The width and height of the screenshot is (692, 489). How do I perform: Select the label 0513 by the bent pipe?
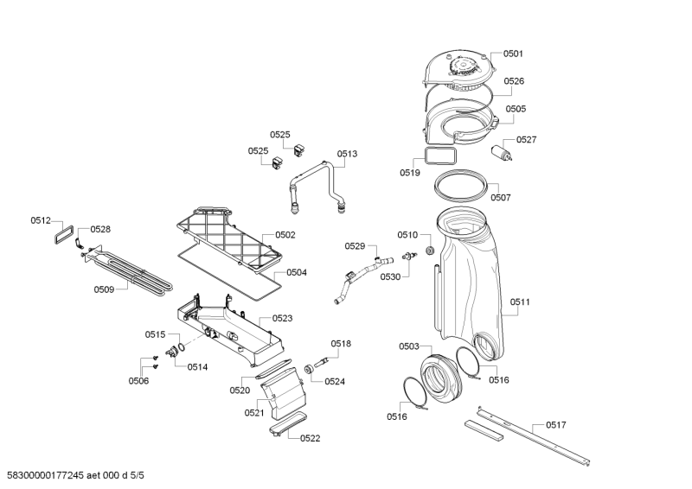(347, 154)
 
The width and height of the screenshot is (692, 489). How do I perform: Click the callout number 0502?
(285, 235)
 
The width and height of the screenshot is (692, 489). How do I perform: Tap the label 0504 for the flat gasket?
(297, 272)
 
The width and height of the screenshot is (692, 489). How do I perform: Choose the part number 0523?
(282, 318)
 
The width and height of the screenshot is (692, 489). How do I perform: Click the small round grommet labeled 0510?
(426, 251)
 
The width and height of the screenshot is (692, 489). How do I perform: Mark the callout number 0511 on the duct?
(520, 302)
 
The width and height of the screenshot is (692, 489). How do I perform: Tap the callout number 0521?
(254, 413)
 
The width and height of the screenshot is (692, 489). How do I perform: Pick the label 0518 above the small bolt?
(340, 344)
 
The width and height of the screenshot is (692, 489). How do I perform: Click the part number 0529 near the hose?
(355, 246)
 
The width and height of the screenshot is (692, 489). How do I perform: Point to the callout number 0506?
(138, 381)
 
